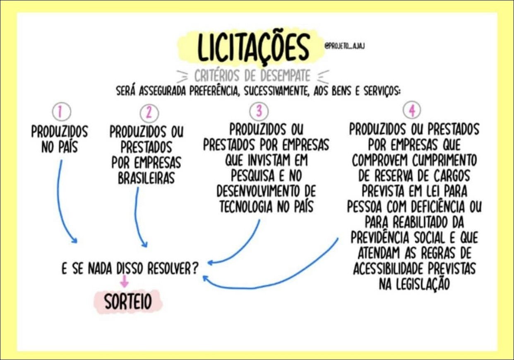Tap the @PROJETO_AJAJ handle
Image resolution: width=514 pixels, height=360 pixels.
pyautogui.click(x=344, y=46)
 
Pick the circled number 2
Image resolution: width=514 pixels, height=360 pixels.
pyautogui.click(x=149, y=113)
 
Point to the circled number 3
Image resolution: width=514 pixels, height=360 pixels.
pyautogui.click(x=259, y=111)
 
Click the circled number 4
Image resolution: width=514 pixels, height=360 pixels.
pyautogui.click(x=412, y=110)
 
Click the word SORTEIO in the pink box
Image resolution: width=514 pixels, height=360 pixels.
pyautogui.click(x=128, y=301)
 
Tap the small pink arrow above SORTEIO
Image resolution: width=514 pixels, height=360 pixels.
pyautogui.click(x=125, y=281)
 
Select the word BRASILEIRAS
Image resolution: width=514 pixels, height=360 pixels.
pyautogui.click(x=146, y=178)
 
